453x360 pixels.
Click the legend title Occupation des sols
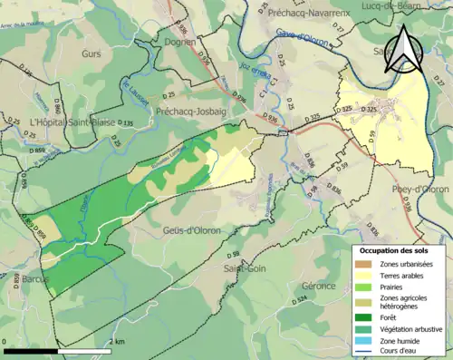point(400,249)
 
